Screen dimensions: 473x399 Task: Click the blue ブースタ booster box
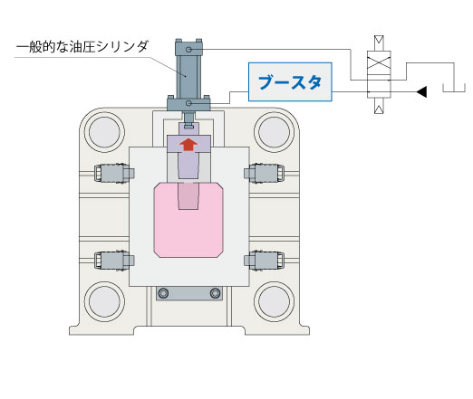pos(290,81)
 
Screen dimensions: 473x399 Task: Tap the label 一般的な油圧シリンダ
pos(82,47)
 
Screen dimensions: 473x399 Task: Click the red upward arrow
pos(188,145)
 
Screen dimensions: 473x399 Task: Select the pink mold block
pos(188,220)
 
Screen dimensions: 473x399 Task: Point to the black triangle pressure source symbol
pos(421,91)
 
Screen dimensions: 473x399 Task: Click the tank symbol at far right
pos(454,88)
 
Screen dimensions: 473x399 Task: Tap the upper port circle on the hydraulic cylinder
pos(188,49)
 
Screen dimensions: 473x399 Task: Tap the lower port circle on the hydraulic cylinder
pos(188,103)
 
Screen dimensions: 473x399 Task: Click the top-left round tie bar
pos(104,132)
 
